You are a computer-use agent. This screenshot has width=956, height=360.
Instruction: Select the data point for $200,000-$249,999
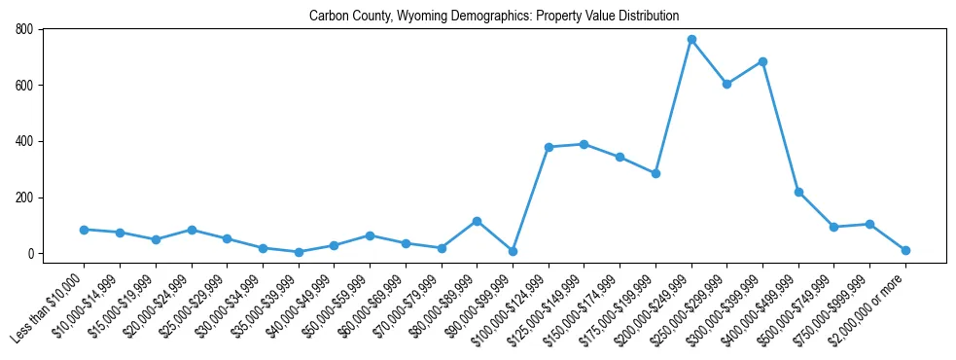click(691, 40)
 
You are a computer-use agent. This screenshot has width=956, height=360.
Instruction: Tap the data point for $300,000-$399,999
click(762, 61)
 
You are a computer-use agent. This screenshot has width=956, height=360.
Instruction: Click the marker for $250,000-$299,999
click(726, 84)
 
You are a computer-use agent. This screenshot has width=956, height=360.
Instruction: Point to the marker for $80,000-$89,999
click(477, 221)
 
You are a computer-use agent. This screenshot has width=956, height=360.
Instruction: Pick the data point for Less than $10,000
click(84, 230)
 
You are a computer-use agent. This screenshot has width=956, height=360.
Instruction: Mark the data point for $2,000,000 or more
click(905, 250)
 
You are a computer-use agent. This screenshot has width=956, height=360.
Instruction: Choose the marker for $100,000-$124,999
click(549, 147)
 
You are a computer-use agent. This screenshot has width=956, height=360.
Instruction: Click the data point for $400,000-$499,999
click(798, 192)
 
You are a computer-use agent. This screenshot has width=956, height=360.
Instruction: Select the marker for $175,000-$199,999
click(655, 173)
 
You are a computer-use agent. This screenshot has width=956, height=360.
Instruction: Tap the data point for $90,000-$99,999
click(513, 251)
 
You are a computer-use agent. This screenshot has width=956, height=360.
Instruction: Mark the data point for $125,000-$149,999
click(584, 144)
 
